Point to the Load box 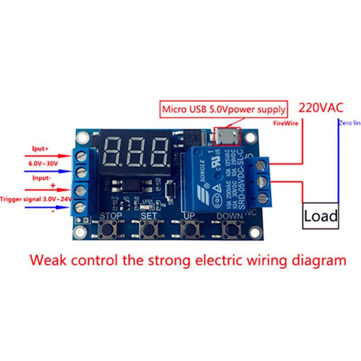pyautogui.click(x=320, y=216)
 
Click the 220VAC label pyautogui.click(x=321, y=108)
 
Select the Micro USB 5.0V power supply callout pyautogui.click(x=223, y=109)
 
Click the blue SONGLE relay pyautogui.click(x=216, y=175)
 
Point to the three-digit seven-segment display pyautogui.click(x=136, y=151)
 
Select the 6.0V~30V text pyautogui.click(x=43, y=163)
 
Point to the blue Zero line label pyautogui.click(x=350, y=123)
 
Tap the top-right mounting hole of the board pyautogui.click(x=251, y=138)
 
